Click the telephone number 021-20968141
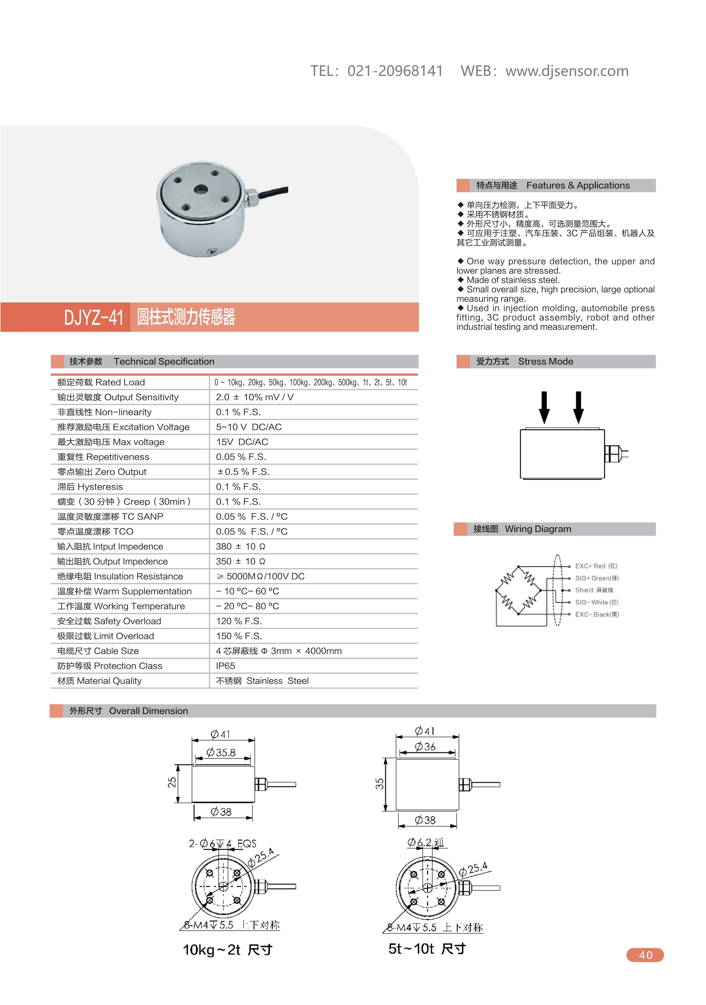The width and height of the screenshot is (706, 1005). point(395,71)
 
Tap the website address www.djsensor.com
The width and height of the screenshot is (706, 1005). point(567,71)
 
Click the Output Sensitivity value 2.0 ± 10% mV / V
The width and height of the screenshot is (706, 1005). point(255,397)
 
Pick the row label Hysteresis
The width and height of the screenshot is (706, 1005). point(90,487)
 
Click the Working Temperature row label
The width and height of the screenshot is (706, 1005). point(121,606)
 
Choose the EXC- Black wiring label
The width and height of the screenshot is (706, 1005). point(597,615)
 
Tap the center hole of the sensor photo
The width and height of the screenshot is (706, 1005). point(201,190)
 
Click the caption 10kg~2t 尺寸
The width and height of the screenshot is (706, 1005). point(227,949)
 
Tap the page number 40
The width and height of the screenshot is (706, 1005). point(645,955)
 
